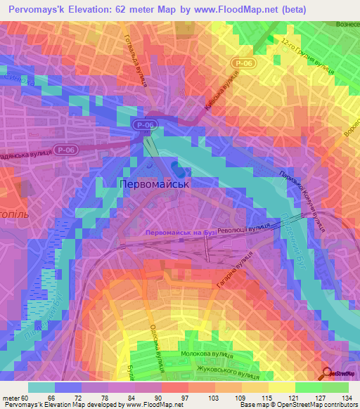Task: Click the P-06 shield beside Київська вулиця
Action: pyautogui.click(x=241, y=63)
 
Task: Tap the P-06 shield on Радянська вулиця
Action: pyautogui.click(x=66, y=150)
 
